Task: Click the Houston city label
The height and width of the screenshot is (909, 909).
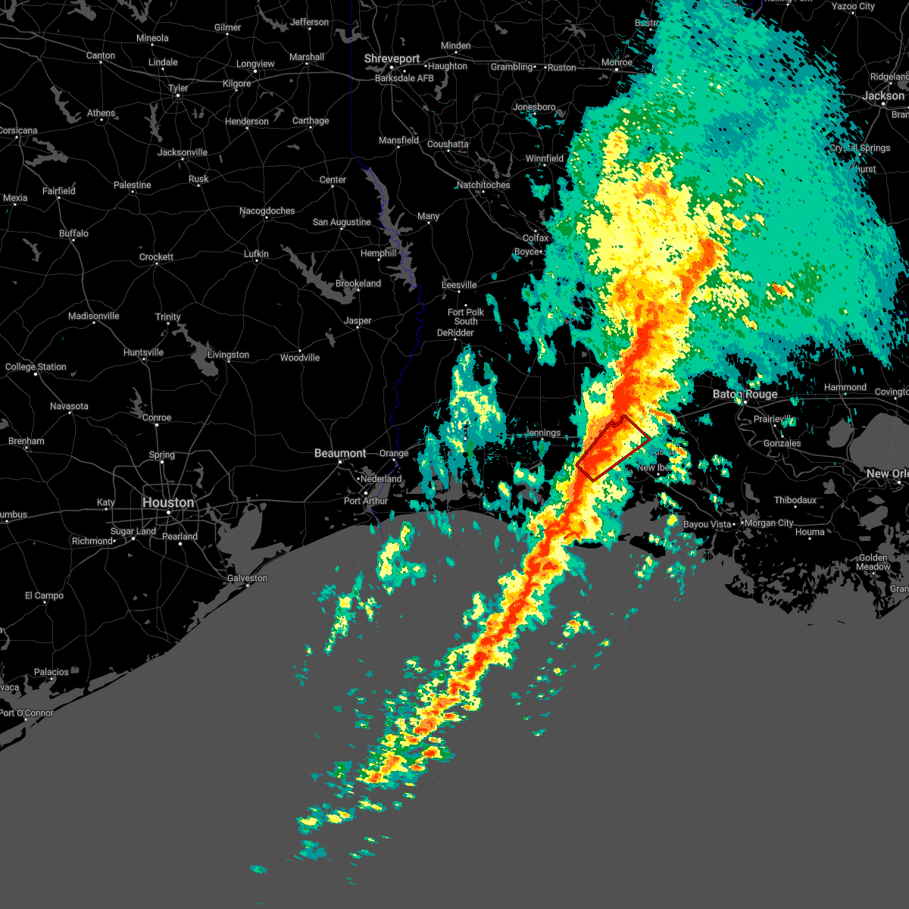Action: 168,503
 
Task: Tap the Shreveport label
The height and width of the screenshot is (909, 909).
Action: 392,59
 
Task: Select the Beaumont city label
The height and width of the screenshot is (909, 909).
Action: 340,453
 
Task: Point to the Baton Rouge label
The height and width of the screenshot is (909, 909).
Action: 745,395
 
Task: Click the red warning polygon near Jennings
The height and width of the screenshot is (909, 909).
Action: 613,448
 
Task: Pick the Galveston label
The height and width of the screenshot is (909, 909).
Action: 247,578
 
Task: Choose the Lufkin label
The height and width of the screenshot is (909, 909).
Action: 256,255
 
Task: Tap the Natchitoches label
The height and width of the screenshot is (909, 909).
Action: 483,186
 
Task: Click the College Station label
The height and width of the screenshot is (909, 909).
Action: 36,367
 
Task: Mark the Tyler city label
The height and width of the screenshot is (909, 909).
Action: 178,88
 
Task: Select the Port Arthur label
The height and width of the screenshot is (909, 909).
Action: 366,501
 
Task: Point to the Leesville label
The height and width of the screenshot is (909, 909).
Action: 459,285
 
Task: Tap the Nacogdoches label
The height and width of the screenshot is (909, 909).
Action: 267,211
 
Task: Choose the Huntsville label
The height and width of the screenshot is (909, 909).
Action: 143,353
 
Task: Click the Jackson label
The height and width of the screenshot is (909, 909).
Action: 882,96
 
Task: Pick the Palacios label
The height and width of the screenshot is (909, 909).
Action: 51,672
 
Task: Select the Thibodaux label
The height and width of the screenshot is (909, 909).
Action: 795,501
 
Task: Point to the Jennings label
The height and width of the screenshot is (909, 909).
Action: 543,433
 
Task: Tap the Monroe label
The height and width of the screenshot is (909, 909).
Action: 617,63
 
